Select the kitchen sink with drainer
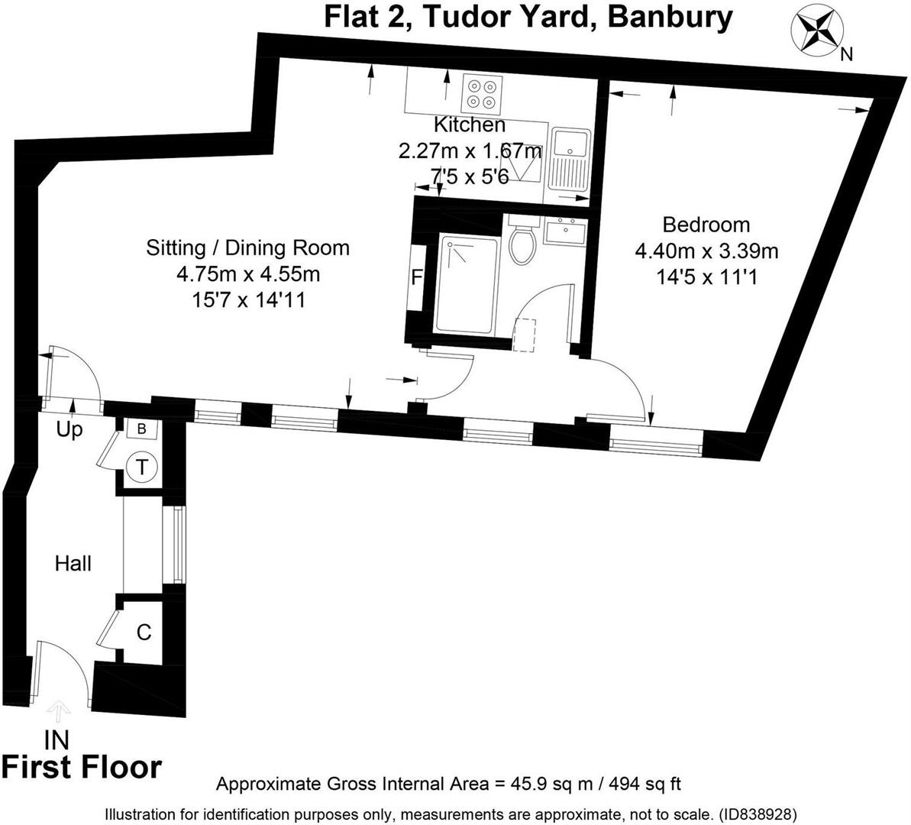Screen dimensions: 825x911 pyautogui.click(x=569, y=160)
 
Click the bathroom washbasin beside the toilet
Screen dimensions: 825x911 pyautogui.click(x=565, y=231)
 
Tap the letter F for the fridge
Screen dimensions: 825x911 pyautogui.click(x=417, y=277)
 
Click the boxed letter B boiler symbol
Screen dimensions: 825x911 pyautogui.click(x=142, y=429)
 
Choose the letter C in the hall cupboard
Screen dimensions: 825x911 pyautogui.click(x=144, y=632)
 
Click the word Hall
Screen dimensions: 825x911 pyautogui.click(x=73, y=564)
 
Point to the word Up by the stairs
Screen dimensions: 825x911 pyautogui.click(x=69, y=430)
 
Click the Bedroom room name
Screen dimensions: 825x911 pyautogui.click(x=706, y=225)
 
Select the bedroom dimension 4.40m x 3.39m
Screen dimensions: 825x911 pyautogui.click(x=706, y=251)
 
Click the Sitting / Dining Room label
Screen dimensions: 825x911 pyautogui.click(x=248, y=247)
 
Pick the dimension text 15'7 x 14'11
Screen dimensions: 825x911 pyautogui.click(x=248, y=299)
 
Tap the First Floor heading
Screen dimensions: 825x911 pyautogui.click(x=82, y=767)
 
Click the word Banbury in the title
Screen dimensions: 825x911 pyautogui.click(x=670, y=16)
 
